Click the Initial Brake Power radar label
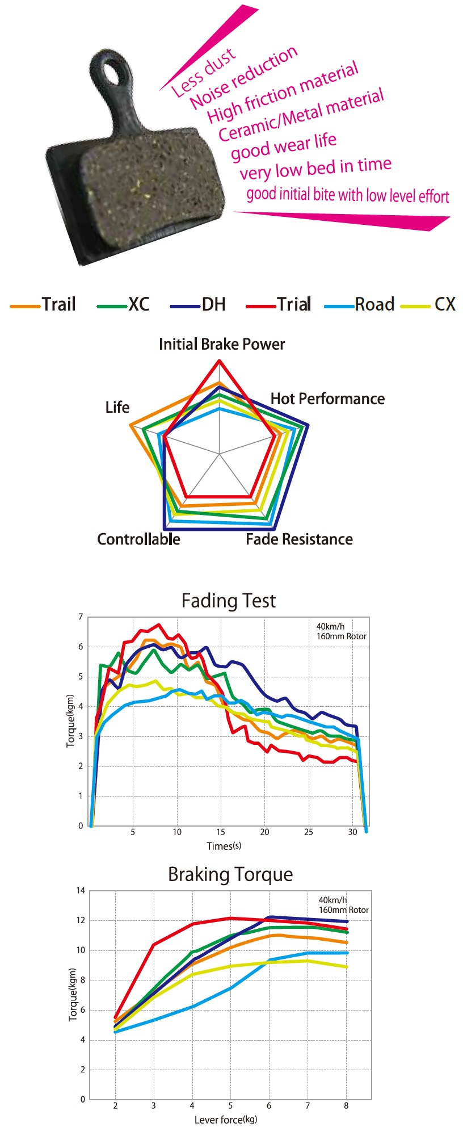[221, 344]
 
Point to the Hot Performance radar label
[327, 399]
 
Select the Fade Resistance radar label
[299, 539]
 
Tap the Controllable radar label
[138, 539]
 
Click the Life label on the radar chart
[117, 407]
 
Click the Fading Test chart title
[229, 601]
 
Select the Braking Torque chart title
[230, 874]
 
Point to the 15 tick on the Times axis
[221, 832]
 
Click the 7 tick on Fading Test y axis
[81, 617]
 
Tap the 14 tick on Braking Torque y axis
[81, 890]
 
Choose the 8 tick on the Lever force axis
[346, 1105]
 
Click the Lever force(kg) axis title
[225, 1120]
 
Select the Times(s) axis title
[224, 846]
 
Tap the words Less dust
[203, 73]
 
